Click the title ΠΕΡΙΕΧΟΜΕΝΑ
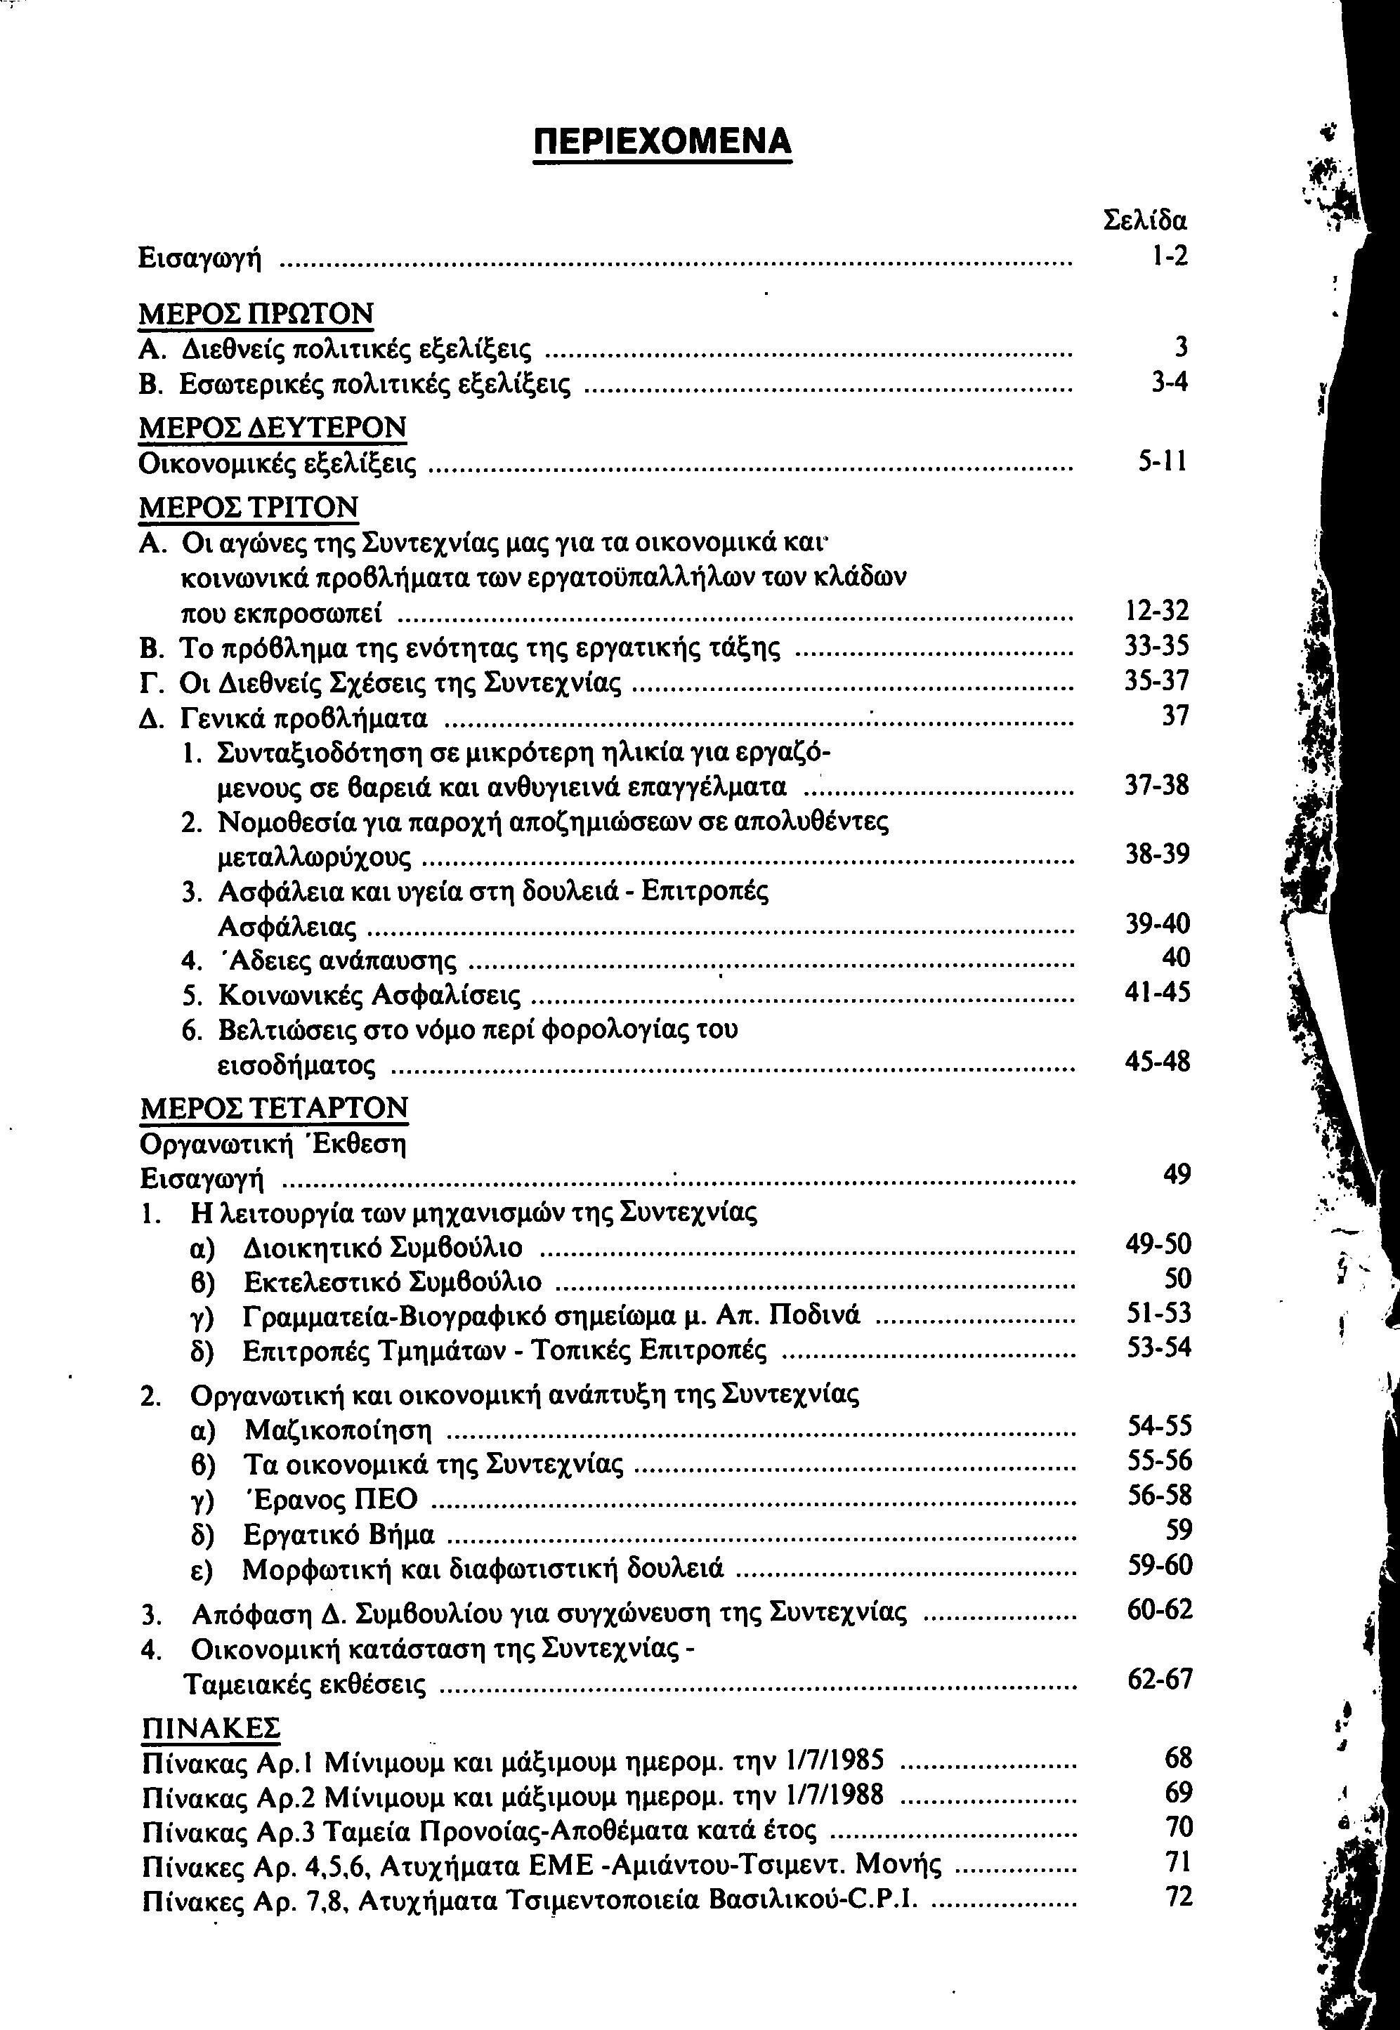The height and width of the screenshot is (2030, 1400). [662, 141]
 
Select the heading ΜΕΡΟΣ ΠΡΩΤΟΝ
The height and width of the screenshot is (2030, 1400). [256, 313]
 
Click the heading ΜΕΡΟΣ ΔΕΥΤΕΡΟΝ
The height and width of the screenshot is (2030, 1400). [273, 427]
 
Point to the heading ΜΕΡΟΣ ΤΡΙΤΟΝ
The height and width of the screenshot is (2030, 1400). [249, 506]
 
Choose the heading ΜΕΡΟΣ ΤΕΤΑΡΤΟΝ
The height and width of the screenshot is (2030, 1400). [274, 1107]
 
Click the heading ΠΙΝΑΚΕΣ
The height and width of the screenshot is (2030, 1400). [211, 1727]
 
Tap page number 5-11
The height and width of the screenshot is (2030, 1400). [1163, 462]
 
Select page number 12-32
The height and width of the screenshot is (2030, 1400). [1157, 611]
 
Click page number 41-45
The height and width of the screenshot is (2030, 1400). [1158, 993]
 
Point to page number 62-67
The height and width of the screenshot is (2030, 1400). [1160, 1679]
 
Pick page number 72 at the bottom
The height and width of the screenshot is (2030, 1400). [1178, 1897]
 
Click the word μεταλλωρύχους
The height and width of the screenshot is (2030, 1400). [313, 856]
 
